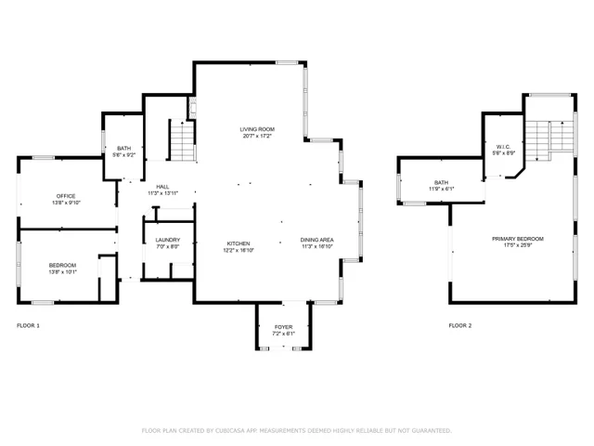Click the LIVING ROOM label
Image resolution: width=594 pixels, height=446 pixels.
click(257, 129)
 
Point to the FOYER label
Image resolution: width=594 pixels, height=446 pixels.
click(283, 327)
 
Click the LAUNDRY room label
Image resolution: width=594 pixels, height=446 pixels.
click(168, 241)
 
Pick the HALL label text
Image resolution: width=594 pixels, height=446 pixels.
click(162, 186)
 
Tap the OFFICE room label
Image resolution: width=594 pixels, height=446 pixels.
click(65, 196)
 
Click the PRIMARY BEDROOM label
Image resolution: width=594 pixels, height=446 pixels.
click(518, 239)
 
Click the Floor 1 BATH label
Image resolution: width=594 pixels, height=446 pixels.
click(123, 149)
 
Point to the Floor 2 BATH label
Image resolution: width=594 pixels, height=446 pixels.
click(441, 182)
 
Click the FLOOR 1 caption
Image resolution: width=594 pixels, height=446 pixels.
click(29, 326)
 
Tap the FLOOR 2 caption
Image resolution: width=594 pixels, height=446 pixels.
click(460, 326)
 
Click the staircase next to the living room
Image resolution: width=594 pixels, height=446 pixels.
click(182, 141)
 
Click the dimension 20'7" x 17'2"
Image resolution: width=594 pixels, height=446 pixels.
click(257, 137)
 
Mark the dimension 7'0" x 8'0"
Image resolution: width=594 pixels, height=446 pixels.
click(168, 248)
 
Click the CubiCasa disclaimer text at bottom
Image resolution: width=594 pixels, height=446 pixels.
click(296, 430)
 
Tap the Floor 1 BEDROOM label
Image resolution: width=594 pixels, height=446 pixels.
click(63, 266)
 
